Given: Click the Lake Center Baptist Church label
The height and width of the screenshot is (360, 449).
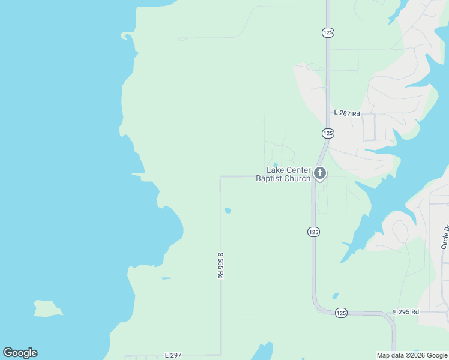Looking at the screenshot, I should click(283, 174).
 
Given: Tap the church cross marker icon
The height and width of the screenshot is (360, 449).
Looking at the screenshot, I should click(320, 174).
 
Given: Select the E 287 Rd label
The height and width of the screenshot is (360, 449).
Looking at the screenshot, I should click(346, 113).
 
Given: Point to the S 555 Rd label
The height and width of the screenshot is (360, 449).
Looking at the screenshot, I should click(220, 265).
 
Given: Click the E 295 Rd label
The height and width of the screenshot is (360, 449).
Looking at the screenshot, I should click(406, 312).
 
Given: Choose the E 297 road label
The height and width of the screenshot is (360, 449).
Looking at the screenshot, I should click(173, 355).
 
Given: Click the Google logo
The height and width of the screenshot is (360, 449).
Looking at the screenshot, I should click(20, 353).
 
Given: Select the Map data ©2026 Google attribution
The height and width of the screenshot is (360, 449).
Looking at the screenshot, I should click(412, 355).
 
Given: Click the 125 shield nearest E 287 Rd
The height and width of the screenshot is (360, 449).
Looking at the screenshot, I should click(328, 133).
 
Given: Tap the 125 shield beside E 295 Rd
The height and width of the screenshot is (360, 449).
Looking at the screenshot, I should click(341, 313).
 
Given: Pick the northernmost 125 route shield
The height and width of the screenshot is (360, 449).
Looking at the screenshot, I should click(328, 32).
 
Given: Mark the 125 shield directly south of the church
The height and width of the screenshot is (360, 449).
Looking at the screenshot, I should click(313, 232).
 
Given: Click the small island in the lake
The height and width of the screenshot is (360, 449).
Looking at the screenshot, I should click(48, 308).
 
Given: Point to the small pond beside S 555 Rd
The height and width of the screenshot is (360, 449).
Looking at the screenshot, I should click(228, 211).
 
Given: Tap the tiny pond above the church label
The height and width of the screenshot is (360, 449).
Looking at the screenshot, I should click(275, 165).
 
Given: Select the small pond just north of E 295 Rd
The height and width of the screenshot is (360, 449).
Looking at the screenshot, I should click(335, 296).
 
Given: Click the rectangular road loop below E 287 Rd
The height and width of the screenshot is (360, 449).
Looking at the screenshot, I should click(369, 127).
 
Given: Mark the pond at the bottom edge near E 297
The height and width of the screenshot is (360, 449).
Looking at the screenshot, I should click(262, 353).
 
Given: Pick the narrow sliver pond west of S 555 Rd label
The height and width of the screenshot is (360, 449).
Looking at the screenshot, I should click(166, 278).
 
